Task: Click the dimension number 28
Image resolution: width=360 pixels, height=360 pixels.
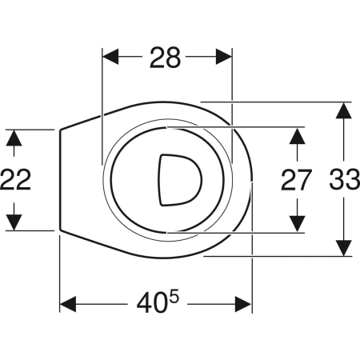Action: click(165, 58)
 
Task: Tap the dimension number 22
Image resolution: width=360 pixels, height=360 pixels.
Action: click(15, 179)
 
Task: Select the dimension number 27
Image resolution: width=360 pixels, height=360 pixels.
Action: click(296, 180)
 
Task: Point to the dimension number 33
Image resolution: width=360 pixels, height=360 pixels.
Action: click(345, 179)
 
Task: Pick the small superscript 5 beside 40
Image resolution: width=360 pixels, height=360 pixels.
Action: click(174, 297)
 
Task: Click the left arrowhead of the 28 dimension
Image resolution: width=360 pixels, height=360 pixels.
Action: click(110, 57)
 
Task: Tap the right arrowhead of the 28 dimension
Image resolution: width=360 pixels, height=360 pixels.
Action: click(224, 57)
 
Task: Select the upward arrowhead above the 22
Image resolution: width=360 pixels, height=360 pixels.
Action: click(14, 138)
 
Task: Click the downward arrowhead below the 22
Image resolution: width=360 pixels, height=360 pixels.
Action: click(14, 222)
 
